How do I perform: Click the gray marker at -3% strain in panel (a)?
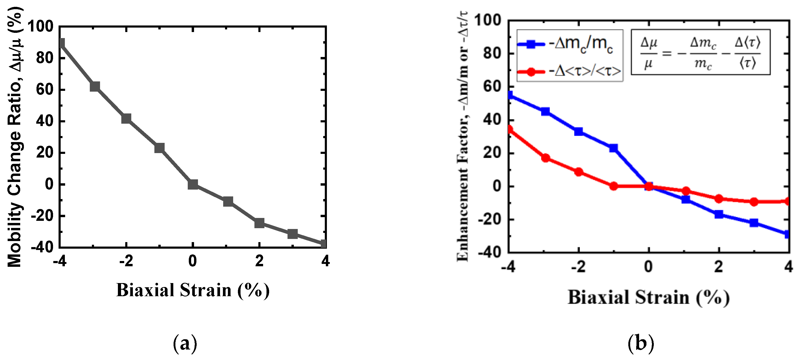tap(95, 86)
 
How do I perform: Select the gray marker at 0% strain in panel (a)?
tap(193, 185)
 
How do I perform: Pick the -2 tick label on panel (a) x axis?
tap(126, 261)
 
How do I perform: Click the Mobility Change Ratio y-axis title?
tap(15, 137)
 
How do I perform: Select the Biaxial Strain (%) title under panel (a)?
tap(193, 290)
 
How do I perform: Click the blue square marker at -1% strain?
tap(613, 148)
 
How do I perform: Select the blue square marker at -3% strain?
tap(545, 112)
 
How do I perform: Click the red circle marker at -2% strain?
tap(578, 172)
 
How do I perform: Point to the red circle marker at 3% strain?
tap(754, 202)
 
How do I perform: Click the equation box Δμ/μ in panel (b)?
tap(700, 52)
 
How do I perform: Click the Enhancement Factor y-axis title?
tap(462, 137)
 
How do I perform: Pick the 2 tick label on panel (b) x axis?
tap(719, 267)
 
